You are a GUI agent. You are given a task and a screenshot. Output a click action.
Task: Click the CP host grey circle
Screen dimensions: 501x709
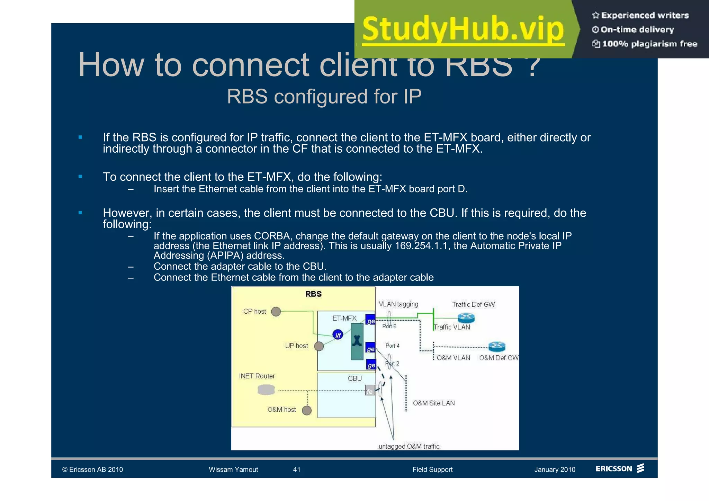click(x=276, y=312)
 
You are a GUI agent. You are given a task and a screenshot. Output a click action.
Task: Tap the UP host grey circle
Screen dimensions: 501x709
click(x=319, y=346)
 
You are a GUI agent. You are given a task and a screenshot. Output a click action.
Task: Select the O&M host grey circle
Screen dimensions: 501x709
click(x=307, y=410)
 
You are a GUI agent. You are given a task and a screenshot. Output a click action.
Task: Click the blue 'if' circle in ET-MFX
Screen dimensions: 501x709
click(x=338, y=335)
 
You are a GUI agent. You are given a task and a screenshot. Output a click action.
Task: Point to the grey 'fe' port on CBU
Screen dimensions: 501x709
click(x=370, y=391)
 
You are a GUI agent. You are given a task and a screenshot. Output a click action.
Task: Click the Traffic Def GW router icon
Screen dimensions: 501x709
click(x=466, y=317)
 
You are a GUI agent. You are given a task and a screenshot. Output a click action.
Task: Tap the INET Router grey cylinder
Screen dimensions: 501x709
click(x=266, y=390)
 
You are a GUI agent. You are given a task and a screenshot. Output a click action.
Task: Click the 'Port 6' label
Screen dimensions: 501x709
click(x=389, y=326)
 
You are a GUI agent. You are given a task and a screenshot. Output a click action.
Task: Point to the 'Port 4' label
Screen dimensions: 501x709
click(x=392, y=346)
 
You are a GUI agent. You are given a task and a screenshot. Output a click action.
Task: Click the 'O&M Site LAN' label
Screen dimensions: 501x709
click(x=433, y=403)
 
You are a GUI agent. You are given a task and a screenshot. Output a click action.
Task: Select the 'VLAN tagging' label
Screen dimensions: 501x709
click(x=398, y=304)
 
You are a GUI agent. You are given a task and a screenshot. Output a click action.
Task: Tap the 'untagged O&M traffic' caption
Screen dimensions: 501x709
click(x=409, y=446)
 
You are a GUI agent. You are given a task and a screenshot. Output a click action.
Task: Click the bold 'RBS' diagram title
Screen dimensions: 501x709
click(x=313, y=294)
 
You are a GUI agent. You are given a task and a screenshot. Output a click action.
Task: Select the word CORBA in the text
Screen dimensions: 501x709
click(x=272, y=236)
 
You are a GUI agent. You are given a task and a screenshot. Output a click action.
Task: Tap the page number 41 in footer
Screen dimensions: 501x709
click(x=297, y=469)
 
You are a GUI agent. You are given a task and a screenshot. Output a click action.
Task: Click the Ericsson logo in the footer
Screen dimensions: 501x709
click(x=619, y=468)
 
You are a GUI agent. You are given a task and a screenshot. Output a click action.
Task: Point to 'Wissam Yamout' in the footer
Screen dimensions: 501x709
click(x=233, y=469)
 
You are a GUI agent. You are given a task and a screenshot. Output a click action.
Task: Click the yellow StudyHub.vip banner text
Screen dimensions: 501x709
click(x=463, y=30)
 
